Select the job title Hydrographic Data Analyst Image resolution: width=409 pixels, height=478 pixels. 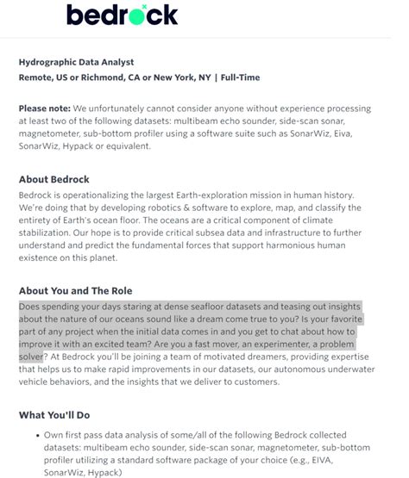(76, 62)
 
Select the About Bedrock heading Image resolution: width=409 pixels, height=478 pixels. (61, 180)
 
